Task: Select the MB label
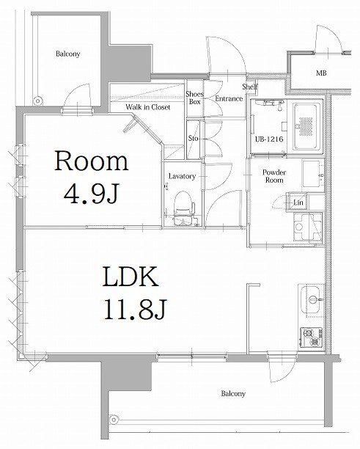point(321,74)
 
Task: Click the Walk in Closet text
point(147,107)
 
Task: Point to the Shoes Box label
point(194,98)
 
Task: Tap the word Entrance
point(229,98)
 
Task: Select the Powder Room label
point(273,175)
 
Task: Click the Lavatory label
point(180,176)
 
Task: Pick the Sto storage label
point(194,138)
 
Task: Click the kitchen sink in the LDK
point(312,300)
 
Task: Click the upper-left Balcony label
point(67,54)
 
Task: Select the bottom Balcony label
point(233,393)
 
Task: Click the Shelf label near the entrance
point(250,86)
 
